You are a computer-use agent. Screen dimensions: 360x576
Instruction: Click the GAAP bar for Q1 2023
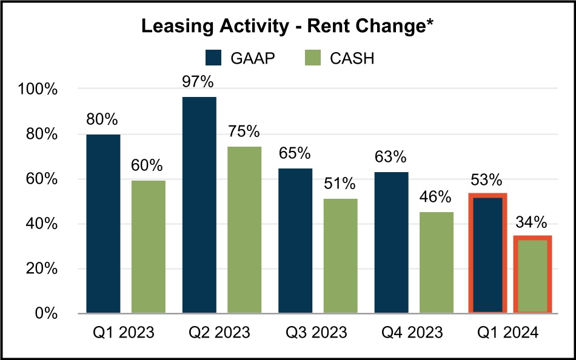coord(103,224)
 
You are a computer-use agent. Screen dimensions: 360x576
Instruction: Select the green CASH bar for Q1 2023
coord(148,247)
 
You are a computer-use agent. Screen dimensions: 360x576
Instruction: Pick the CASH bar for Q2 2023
coord(244,230)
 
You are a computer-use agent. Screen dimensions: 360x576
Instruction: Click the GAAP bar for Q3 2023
coord(295,241)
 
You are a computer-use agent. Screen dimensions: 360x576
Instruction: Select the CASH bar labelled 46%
coord(437,262)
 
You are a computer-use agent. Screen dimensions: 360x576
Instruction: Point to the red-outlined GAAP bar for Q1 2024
coord(487,255)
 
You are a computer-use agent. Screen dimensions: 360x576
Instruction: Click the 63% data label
coord(390,157)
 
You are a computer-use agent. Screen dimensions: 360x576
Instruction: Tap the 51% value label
coord(340,184)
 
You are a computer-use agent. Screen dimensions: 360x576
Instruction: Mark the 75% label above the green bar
coord(244,132)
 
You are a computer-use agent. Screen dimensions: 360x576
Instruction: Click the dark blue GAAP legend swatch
coord(215,58)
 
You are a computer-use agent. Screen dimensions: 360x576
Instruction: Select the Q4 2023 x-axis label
coord(412,333)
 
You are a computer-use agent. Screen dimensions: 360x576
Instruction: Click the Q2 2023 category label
coord(220,333)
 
